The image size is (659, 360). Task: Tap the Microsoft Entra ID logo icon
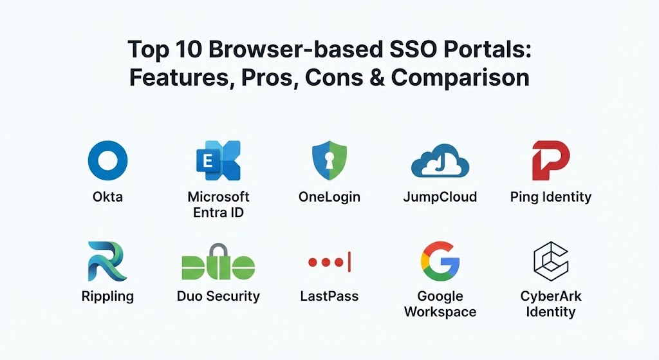(219, 160)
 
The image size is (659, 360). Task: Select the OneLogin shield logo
(329, 160)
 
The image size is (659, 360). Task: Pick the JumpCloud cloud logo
(440, 160)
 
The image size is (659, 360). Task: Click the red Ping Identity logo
(551, 160)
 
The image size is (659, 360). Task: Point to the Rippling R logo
(107, 261)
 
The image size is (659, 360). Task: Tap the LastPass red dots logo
(329, 262)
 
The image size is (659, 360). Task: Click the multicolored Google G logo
(440, 261)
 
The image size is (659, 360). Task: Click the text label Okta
(107, 197)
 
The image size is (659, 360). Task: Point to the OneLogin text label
(329, 197)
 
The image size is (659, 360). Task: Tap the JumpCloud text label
(440, 197)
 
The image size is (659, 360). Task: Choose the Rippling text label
(107, 296)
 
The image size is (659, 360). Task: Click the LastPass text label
(329, 296)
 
